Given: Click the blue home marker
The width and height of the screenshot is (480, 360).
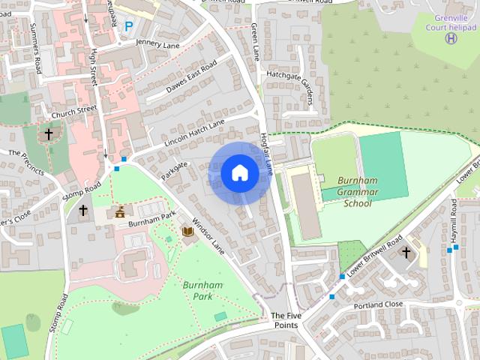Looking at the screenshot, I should pyautogui.click(x=239, y=172).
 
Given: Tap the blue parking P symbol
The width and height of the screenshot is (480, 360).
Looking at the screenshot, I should pyautogui.click(x=128, y=26).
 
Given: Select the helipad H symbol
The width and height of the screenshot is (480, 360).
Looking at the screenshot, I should pyautogui.click(x=451, y=37).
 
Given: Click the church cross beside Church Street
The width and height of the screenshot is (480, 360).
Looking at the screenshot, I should pyautogui.click(x=49, y=134).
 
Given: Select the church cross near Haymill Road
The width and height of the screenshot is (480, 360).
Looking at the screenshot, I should pyautogui.click(x=406, y=253).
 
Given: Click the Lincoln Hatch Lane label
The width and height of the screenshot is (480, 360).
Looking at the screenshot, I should pyautogui.click(x=193, y=133).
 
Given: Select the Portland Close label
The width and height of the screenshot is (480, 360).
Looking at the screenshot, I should pyautogui.click(x=378, y=305).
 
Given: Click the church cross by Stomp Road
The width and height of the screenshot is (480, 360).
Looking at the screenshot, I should pyautogui.click(x=82, y=211).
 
